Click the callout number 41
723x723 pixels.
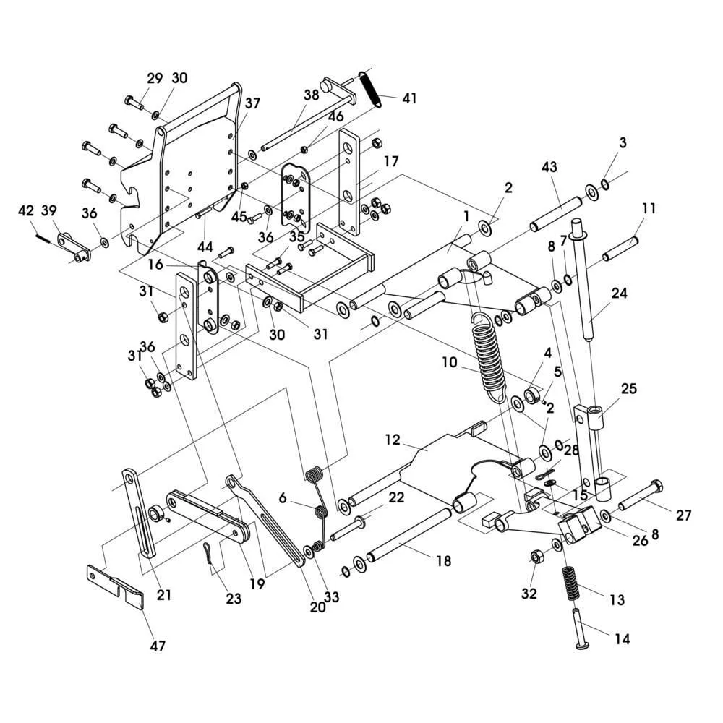[409, 98]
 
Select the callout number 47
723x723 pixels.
[158, 646]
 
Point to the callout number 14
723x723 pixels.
[622, 639]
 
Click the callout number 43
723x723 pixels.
[549, 166]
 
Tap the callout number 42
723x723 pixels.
[26, 210]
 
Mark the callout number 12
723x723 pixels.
[393, 440]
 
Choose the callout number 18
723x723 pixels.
[444, 561]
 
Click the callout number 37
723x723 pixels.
[252, 103]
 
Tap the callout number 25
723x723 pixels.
[628, 388]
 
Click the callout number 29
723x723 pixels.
[155, 78]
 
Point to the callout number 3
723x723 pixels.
[623, 143]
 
